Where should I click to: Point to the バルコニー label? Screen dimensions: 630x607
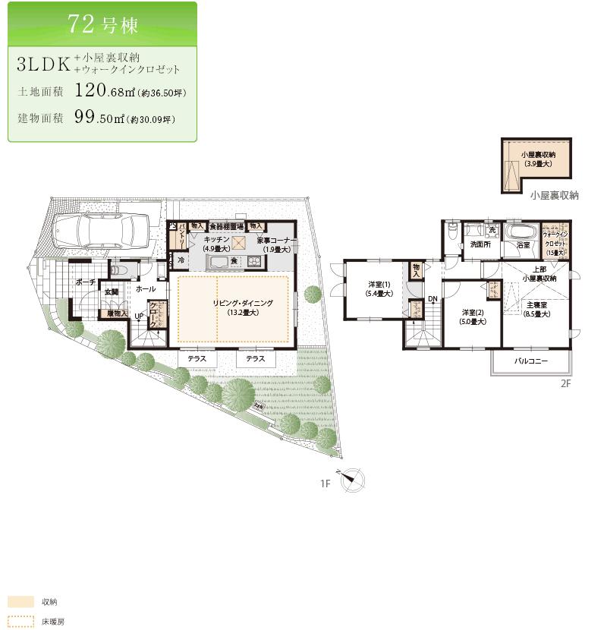point(530,361)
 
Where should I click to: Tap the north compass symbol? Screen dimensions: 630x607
point(353,479)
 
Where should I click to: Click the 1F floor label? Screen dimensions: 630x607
point(326,483)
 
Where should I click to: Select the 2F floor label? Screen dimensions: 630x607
point(565,384)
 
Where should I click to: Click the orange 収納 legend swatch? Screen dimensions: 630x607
point(20,601)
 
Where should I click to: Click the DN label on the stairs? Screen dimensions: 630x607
point(432,299)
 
